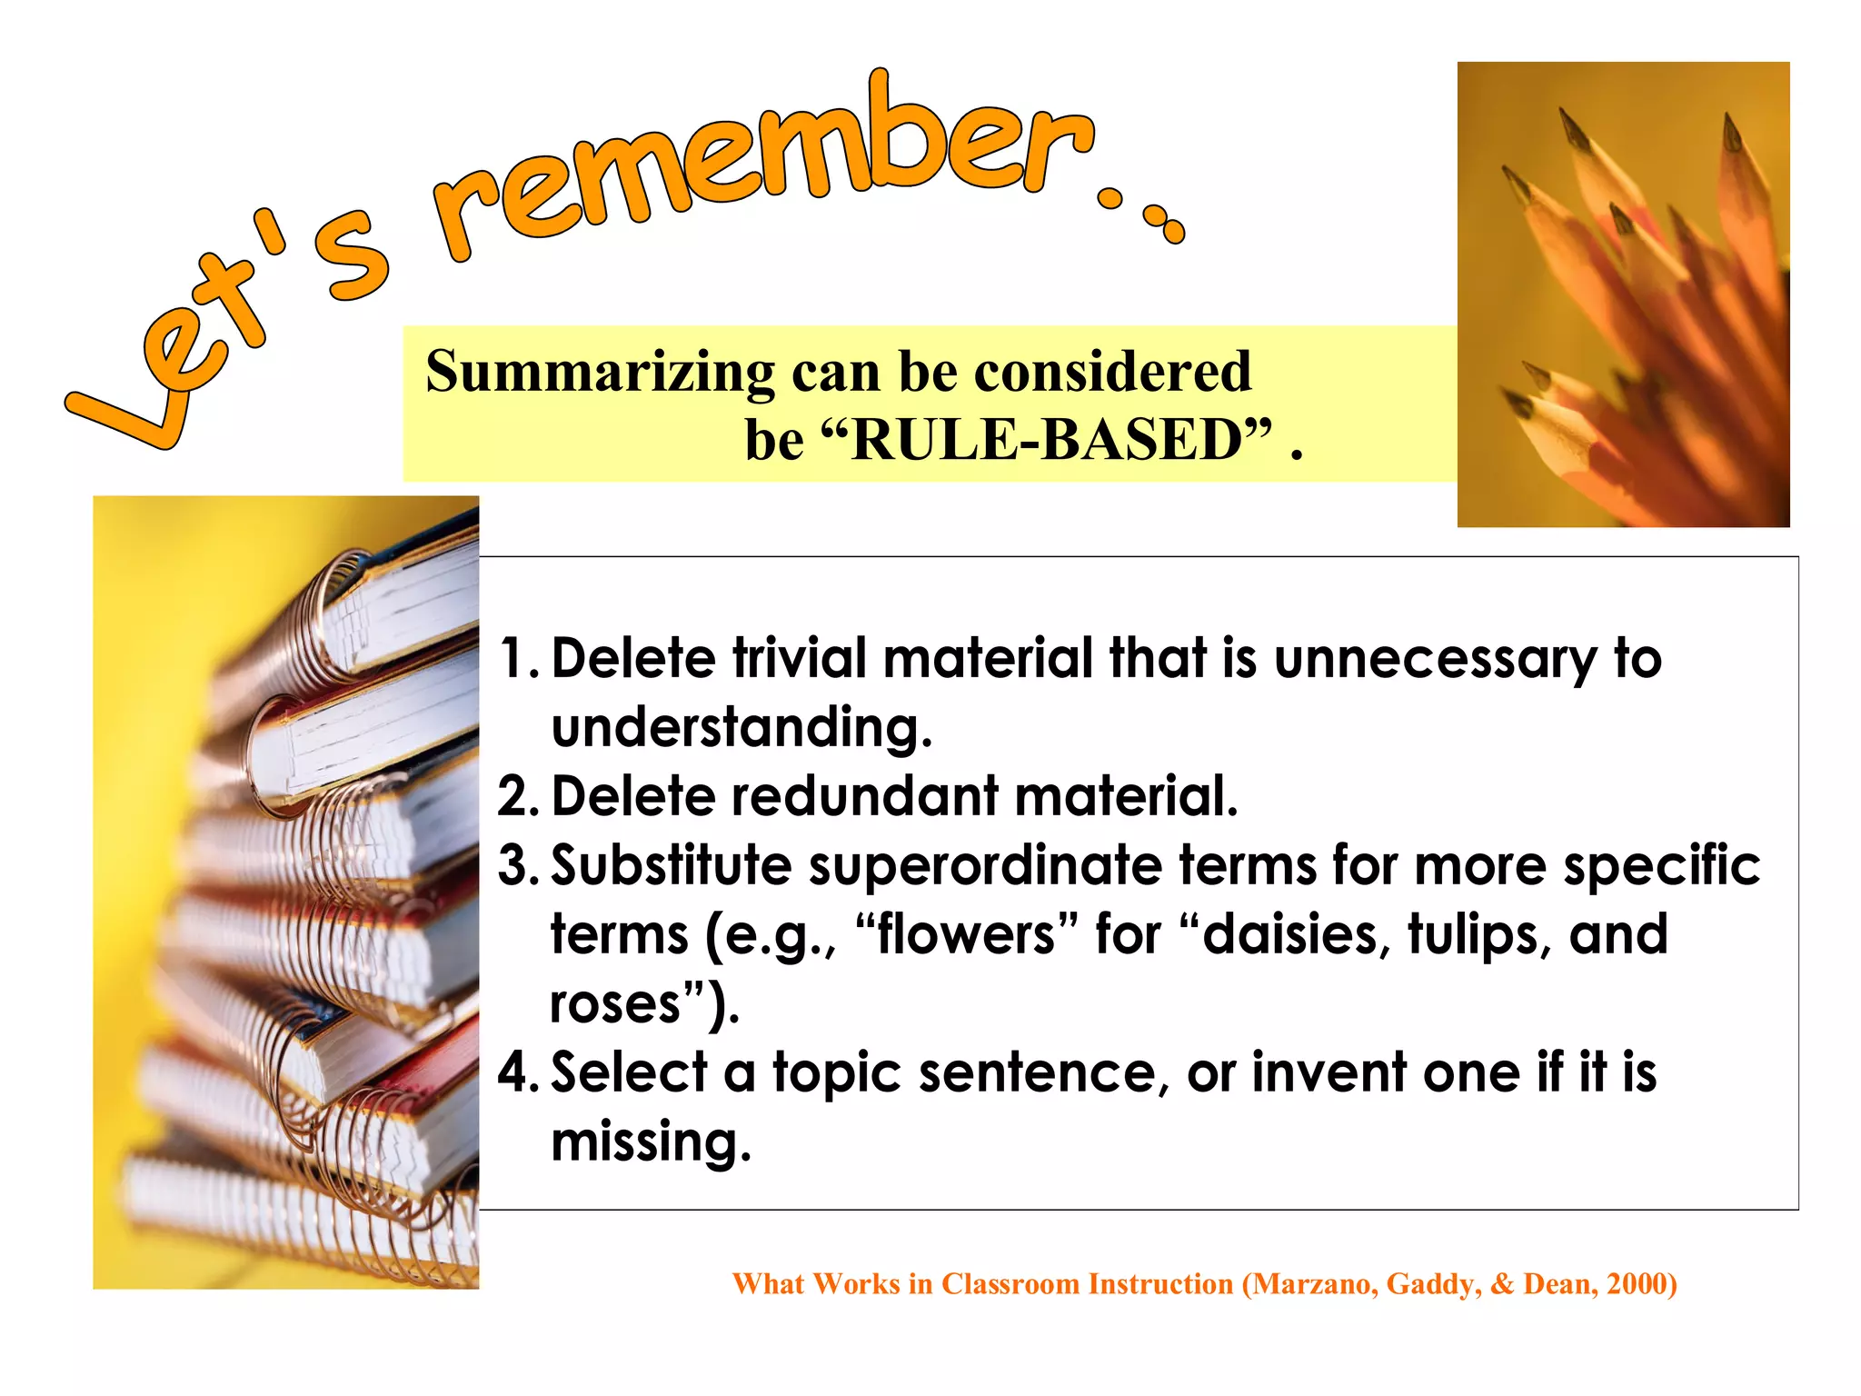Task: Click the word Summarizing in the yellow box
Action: coord(600,373)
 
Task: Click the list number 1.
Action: coord(517,658)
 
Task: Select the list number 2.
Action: coord(517,797)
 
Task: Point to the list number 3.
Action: coord(517,865)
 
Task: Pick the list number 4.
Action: coord(517,1072)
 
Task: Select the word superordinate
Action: coord(985,865)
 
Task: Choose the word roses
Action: coord(615,1003)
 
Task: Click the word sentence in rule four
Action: coord(1036,1072)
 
